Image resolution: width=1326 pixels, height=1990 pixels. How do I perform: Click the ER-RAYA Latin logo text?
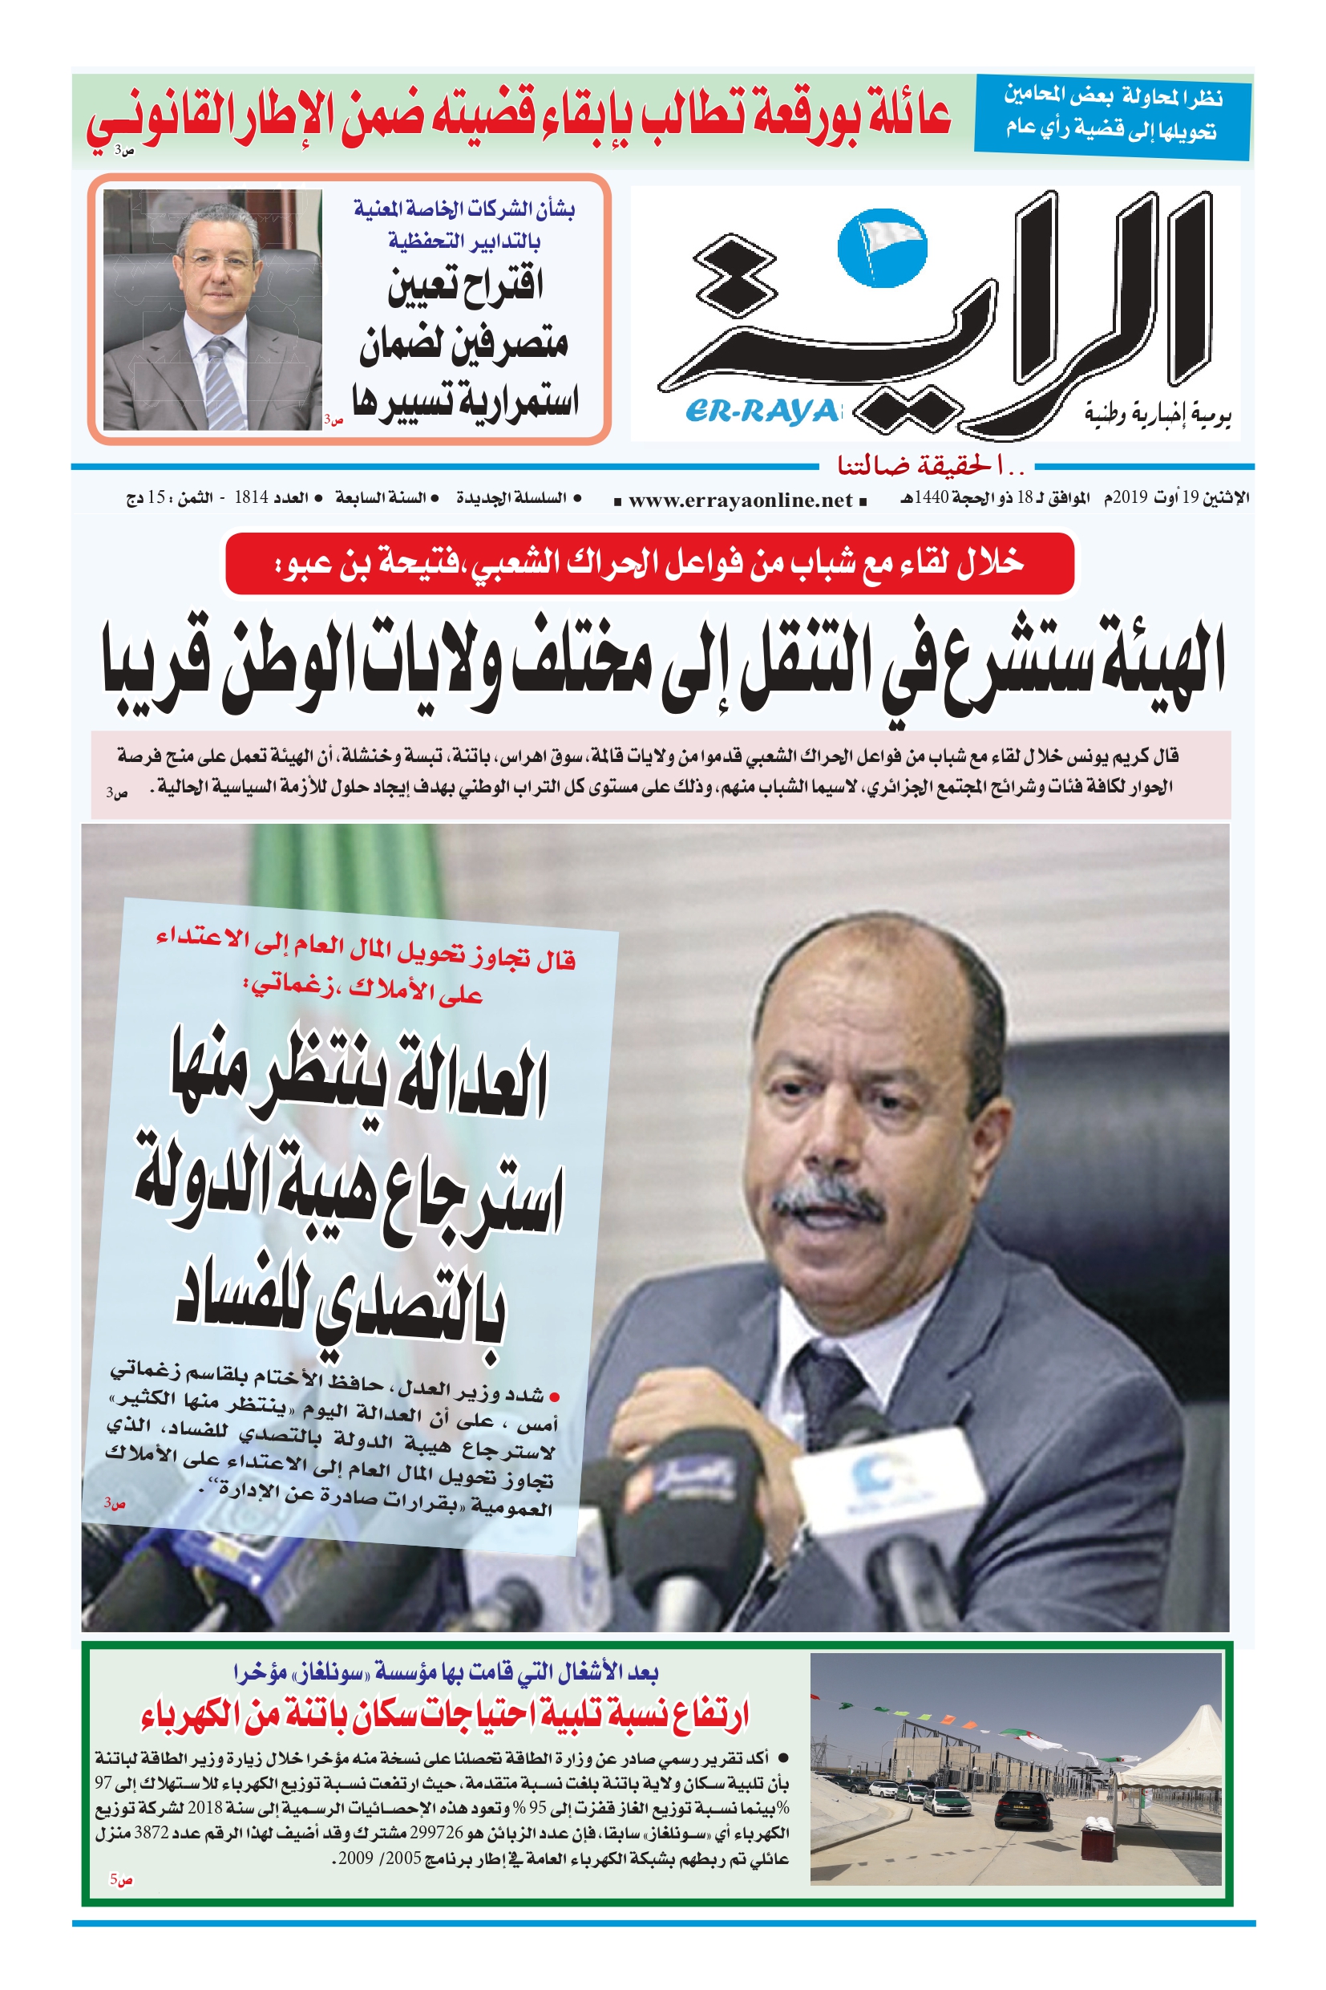tap(762, 411)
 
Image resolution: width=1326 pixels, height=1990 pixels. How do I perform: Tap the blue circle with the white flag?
tap(881, 245)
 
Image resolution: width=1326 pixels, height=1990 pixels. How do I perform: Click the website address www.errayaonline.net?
tap(740, 500)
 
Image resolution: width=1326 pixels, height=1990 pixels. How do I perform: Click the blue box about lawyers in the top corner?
tap(1111, 116)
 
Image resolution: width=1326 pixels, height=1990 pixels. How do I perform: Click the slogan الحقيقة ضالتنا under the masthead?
tap(930, 465)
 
